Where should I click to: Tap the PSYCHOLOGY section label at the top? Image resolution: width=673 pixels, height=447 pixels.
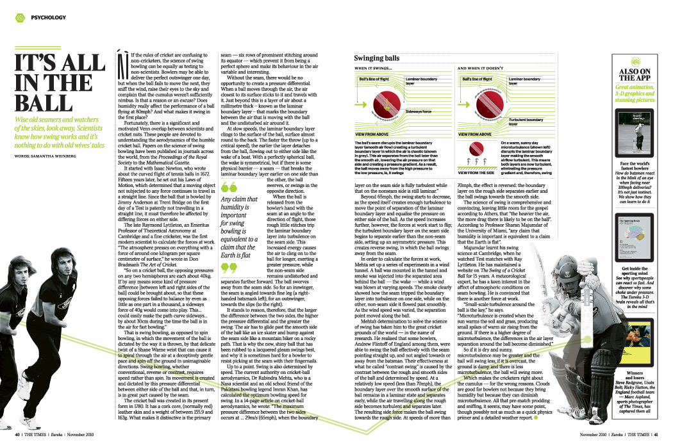[x=48, y=18]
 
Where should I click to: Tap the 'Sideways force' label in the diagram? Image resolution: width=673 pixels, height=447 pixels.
[x=419, y=111]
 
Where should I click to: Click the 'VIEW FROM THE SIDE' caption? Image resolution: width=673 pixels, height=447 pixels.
[x=476, y=172]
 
